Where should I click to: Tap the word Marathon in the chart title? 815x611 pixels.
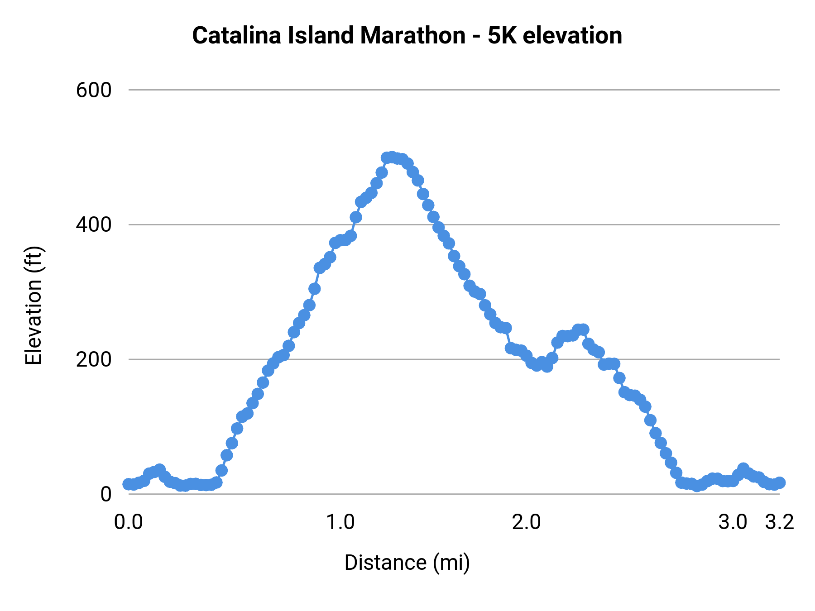(412, 35)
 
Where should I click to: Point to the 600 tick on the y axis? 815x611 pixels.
(94, 90)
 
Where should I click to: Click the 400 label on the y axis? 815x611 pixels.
(94, 224)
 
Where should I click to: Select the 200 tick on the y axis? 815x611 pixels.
(94, 359)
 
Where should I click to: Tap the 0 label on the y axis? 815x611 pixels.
(105, 494)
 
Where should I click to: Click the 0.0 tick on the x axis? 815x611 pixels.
(129, 522)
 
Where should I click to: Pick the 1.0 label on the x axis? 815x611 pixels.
(341, 522)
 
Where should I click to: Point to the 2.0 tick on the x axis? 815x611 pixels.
(527, 522)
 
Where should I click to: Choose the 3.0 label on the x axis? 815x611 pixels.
(733, 522)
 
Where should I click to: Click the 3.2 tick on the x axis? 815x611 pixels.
(780, 522)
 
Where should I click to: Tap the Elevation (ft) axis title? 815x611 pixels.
(34, 305)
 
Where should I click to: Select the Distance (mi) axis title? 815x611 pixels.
(407, 563)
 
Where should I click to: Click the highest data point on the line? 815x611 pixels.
(392, 157)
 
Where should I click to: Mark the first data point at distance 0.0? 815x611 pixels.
(129, 484)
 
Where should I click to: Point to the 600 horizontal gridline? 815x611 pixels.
(453, 90)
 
